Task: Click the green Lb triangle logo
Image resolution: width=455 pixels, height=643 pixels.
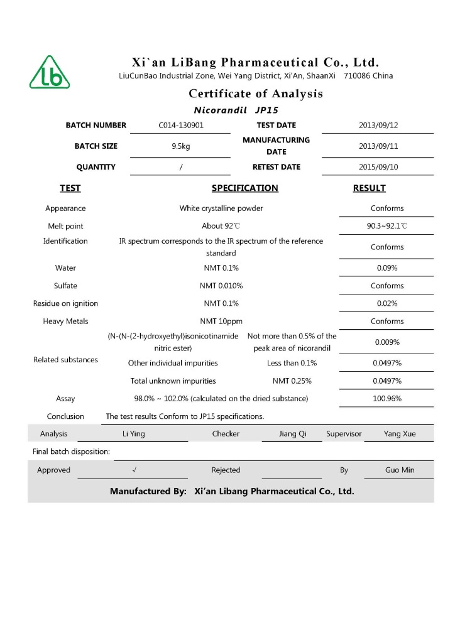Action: (x=50, y=73)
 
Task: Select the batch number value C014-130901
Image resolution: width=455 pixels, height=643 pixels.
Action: (x=181, y=125)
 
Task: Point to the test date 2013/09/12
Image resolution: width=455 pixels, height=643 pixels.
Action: (x=378, y=125)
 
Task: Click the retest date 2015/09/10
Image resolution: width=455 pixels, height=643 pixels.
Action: (x=378, y=167)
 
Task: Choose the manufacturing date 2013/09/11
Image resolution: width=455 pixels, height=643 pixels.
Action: (x=378, y=146)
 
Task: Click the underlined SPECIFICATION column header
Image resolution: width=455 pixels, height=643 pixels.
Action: (x=244, y=188)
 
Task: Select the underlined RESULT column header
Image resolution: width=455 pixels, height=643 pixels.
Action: (x=370, y=188)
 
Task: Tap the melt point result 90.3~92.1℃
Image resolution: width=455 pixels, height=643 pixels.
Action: (x=387, y=226)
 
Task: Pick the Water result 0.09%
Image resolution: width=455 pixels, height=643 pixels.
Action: (x=387, y=268)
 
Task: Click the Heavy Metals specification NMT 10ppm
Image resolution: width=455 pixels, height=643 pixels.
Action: (x=221, y=321)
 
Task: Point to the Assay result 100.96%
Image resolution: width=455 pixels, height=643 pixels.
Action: (x=387, y=399)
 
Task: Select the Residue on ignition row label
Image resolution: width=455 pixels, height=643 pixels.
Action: (x=65, y=304)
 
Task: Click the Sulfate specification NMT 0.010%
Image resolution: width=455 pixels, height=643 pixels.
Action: (x=221, y=286)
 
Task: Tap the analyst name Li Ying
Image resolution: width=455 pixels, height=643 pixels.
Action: (x=133, y=434)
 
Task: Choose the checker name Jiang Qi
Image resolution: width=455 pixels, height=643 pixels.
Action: (x=292, y=434)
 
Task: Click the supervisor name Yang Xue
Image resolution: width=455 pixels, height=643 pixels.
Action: (x=400, y=434)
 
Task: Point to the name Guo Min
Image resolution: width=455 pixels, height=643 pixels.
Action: (x=400, y=470)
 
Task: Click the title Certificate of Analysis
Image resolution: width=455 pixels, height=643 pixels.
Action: (x=256, y=94)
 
